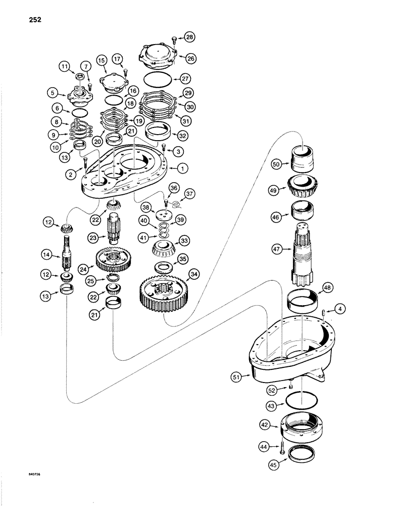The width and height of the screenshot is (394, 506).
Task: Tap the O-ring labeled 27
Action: [x=156, y=79]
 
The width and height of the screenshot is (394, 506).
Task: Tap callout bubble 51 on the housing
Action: [x=242, y=376]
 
